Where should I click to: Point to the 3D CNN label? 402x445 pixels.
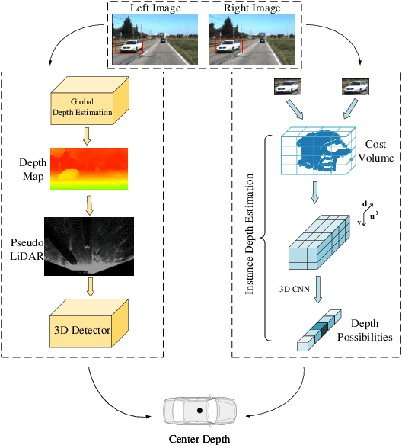[x=294, y=290]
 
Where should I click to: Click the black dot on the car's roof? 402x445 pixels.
[x=199, y=410]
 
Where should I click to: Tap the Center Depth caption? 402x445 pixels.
[x=199, y=438]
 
